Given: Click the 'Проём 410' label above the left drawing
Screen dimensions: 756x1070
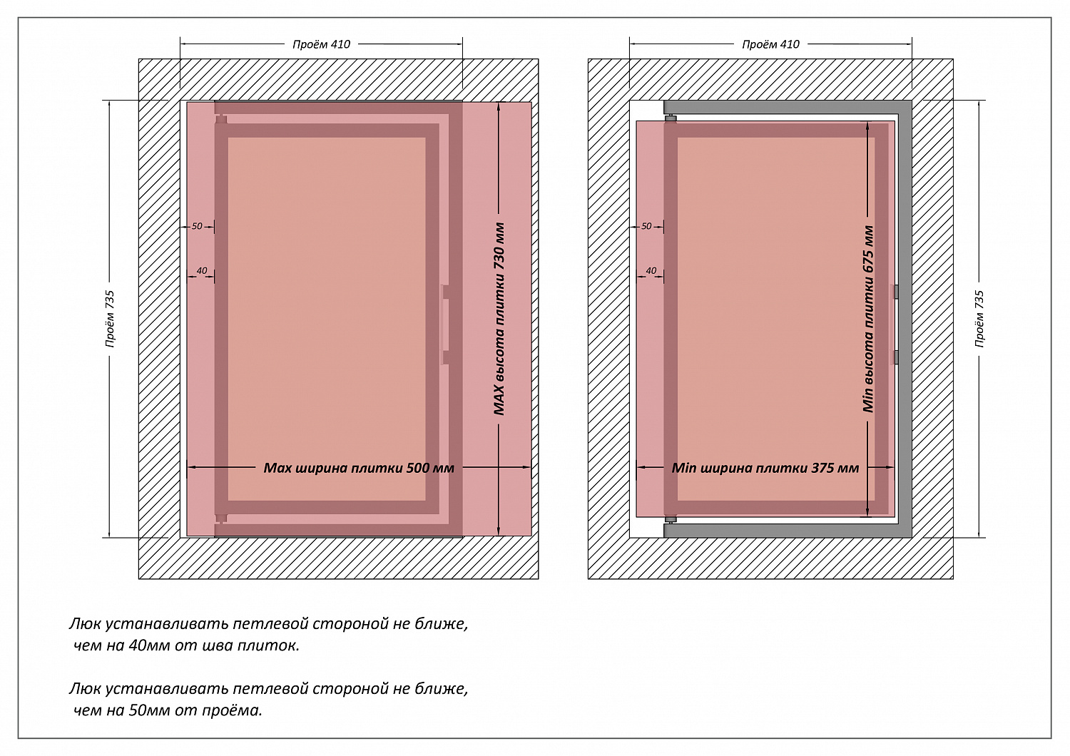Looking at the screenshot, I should [x=321, y=44].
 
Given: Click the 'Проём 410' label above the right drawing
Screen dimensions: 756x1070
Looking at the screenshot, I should [x=770, y=44].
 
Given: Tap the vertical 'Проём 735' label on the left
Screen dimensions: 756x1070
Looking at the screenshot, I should [x=110, y=319].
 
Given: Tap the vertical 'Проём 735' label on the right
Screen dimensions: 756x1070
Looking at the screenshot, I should [x=979, y=319].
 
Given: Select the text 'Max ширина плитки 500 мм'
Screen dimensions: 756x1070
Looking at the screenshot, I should [x=359, y=468].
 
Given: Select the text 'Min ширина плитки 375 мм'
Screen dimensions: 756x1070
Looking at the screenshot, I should [x=765, y=468].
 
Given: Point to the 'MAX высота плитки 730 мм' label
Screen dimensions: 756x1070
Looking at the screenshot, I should [x=499, y=319].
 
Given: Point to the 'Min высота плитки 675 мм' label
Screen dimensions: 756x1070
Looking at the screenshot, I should [x=868, y=319].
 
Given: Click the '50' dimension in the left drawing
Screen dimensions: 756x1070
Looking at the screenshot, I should [x=197, y=226].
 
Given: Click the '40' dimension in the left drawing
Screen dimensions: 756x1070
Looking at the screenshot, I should [x=202, y=271].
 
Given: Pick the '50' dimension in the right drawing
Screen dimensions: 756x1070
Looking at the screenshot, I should [x=646, y=226].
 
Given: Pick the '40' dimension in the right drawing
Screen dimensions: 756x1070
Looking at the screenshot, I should [x=651, y=271].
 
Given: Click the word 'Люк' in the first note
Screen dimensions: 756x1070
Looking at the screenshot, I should [x=85, y=624].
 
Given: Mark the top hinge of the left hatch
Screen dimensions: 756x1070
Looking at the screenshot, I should [x=220, y=119].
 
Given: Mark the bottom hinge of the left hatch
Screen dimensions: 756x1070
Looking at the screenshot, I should [x=220, y=519].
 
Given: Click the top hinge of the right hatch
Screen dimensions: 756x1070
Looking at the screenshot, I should [x=671, y=119].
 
